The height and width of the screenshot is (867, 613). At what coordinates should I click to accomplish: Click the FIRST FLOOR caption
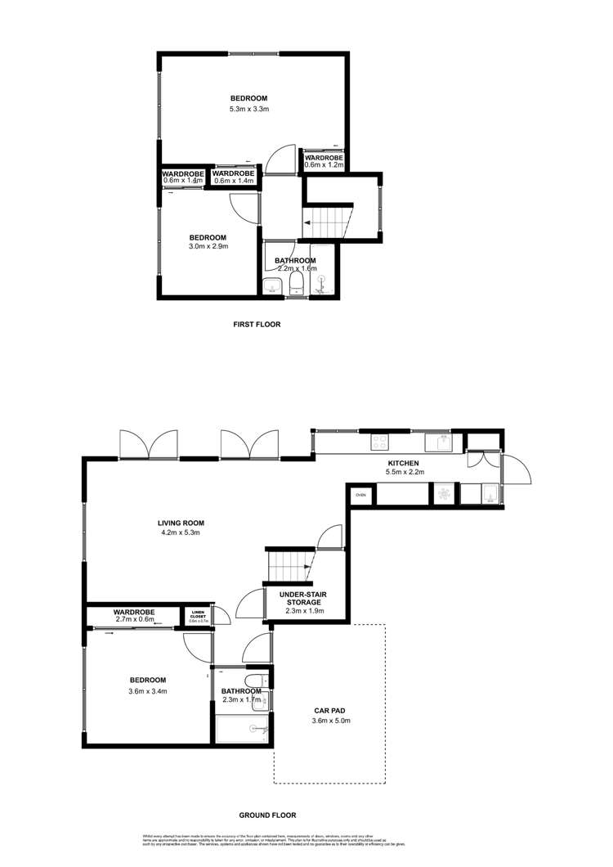(257, 325)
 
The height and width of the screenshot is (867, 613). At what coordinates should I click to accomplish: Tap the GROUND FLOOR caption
(267, 815)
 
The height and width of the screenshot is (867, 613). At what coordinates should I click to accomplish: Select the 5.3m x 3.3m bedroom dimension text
(249, 109)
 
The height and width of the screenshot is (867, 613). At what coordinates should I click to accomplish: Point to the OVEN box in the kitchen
(360, 495)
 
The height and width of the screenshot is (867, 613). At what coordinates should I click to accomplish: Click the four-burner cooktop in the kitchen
(380, 442)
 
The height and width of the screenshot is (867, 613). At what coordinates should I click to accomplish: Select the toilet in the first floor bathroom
(298, 283)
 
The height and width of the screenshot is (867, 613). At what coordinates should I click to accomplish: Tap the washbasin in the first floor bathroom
(272, 285)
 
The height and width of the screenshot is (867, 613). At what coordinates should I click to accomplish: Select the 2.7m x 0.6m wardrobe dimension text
(135, 620)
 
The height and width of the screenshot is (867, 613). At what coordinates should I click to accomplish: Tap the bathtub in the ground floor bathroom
(241, 726)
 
